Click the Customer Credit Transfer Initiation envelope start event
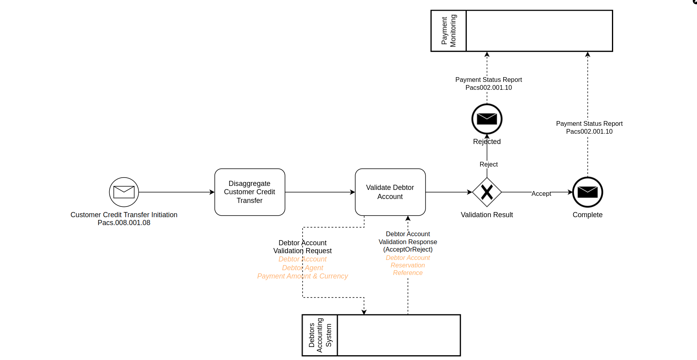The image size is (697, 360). tap(124, 192)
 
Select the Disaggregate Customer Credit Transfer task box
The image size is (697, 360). tap(250, 192)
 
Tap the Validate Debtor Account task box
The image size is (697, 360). tap(390, 192)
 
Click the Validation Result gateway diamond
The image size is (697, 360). tap(487, 192)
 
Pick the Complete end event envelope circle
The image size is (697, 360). tap(587, 192)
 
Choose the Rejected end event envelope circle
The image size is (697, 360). tap(487, 119)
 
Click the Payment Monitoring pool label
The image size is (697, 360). tap(449, 31)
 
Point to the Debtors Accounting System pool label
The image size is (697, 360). tap(320, 335)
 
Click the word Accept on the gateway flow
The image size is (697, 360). tap(541, 193)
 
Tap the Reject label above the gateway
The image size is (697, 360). tap(489, 164)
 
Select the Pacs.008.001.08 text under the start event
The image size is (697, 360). tap(124, 223)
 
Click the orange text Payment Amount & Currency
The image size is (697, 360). tap(302, 276)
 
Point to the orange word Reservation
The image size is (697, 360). tap(408, 265)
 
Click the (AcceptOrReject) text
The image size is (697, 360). tap(408, 249)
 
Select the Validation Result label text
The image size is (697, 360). tap(487, 215)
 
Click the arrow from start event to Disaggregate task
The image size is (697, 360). tap(176, 192)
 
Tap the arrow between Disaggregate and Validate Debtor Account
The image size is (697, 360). tap(320, 192)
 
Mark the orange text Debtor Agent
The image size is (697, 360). tap(302, 268)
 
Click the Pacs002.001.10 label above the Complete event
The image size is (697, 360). tap(589, 131)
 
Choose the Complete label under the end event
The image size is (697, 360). tap(587, 215)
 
